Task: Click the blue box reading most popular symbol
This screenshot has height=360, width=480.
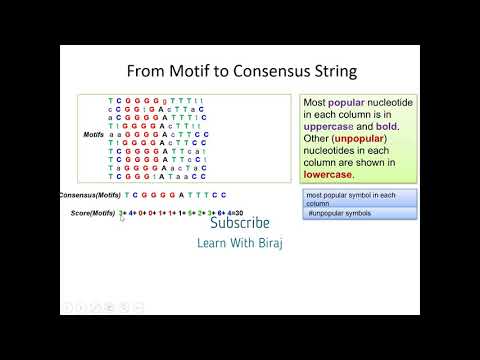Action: pyautogui.click(x=350, y=198)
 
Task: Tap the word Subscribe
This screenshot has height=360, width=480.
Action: pyautogui.click(x=240, y=224)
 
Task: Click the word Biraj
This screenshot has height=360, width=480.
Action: pyautogui.click(x=268, y=243)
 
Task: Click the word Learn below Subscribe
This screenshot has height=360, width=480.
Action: pyautogui.click(x=212, y=243)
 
